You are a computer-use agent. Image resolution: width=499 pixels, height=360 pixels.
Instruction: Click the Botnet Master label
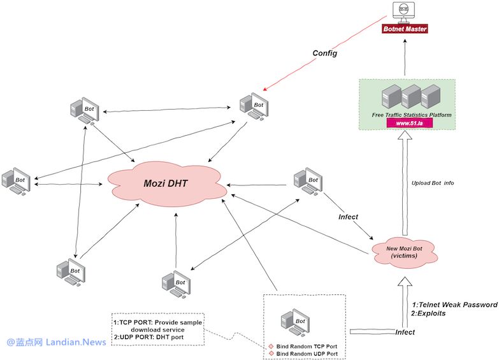click(x=405, y=29)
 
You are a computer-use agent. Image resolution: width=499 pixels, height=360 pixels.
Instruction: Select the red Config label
click(x=324, y=54)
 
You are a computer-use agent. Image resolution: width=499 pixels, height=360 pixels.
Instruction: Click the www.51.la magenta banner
click(x=409, y=122)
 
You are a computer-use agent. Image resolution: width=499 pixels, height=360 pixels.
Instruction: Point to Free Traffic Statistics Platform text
click(x=412, y=115)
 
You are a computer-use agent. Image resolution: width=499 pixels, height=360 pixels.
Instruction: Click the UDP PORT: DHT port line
click(x=150, y=338)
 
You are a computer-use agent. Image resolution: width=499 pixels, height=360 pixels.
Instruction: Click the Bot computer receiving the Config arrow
click(x=253, y=106)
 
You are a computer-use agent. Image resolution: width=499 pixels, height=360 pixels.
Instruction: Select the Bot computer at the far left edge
click(x=15, y=182)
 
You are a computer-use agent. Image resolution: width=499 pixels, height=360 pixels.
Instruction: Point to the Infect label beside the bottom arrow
click(x=405, y=332)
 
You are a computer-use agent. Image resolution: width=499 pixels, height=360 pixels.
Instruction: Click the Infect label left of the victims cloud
click(x=348, y=217)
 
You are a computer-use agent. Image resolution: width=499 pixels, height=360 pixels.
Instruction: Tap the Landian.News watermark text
click(x=75, y=342)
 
